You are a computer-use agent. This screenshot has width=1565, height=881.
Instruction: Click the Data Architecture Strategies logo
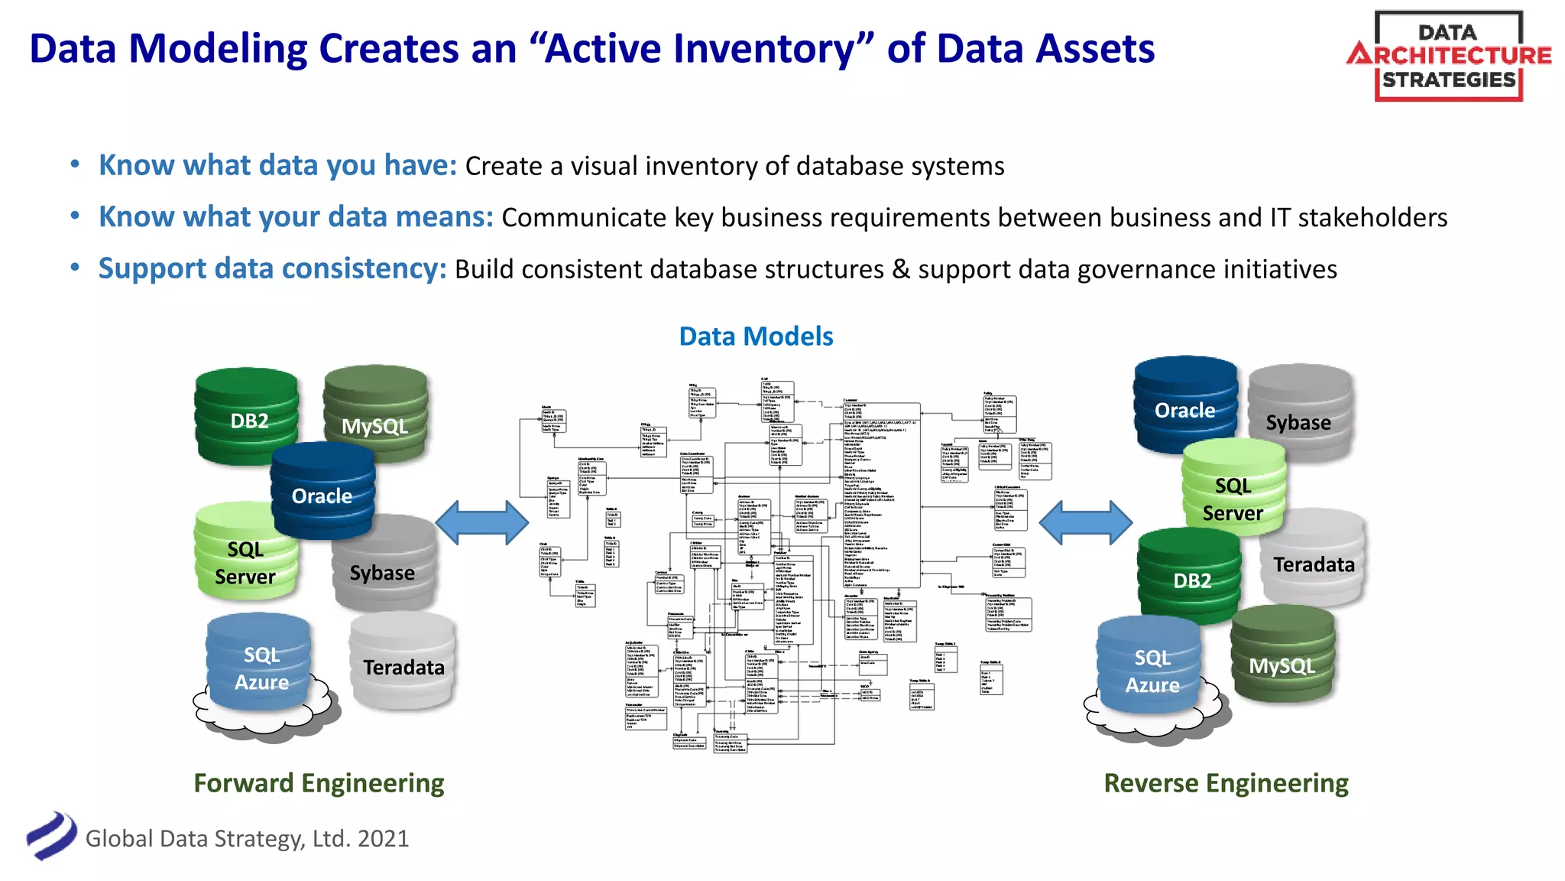coord(1448,57)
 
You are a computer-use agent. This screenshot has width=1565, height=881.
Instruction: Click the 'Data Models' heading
coord(756,336)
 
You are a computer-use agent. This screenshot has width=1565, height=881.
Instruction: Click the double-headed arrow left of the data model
coord(481,523)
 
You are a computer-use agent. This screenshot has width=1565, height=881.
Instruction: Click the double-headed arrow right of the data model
coord(1085,523)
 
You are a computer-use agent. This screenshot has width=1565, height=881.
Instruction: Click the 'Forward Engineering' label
coord(319,783)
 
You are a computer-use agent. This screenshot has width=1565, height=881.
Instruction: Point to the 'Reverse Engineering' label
coord(1226,783)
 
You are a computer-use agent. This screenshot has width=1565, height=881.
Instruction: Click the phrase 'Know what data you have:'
coord(277,165)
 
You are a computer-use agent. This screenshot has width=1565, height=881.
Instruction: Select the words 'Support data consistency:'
coord(272,268)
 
